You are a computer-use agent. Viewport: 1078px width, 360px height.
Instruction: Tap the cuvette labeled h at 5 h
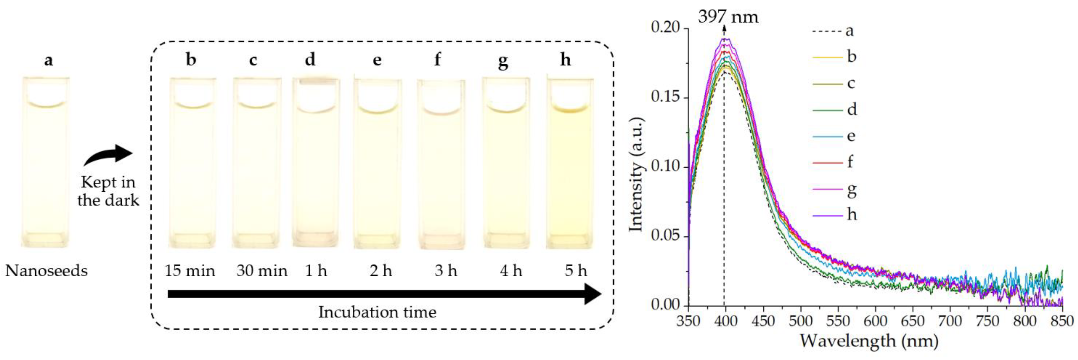(570, 163)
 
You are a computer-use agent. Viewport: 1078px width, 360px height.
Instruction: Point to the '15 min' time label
(190, 271)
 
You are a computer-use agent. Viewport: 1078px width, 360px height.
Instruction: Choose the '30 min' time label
(261, 271)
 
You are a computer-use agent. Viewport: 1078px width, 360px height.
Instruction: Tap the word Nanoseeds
(46, 271)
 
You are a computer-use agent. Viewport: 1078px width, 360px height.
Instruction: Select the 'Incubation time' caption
(377, 312)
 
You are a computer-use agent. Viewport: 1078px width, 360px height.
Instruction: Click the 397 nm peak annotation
(728, 17)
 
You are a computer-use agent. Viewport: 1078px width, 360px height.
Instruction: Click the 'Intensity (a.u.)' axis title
(636, 174)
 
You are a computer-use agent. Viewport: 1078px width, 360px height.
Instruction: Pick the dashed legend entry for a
(833, 31)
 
